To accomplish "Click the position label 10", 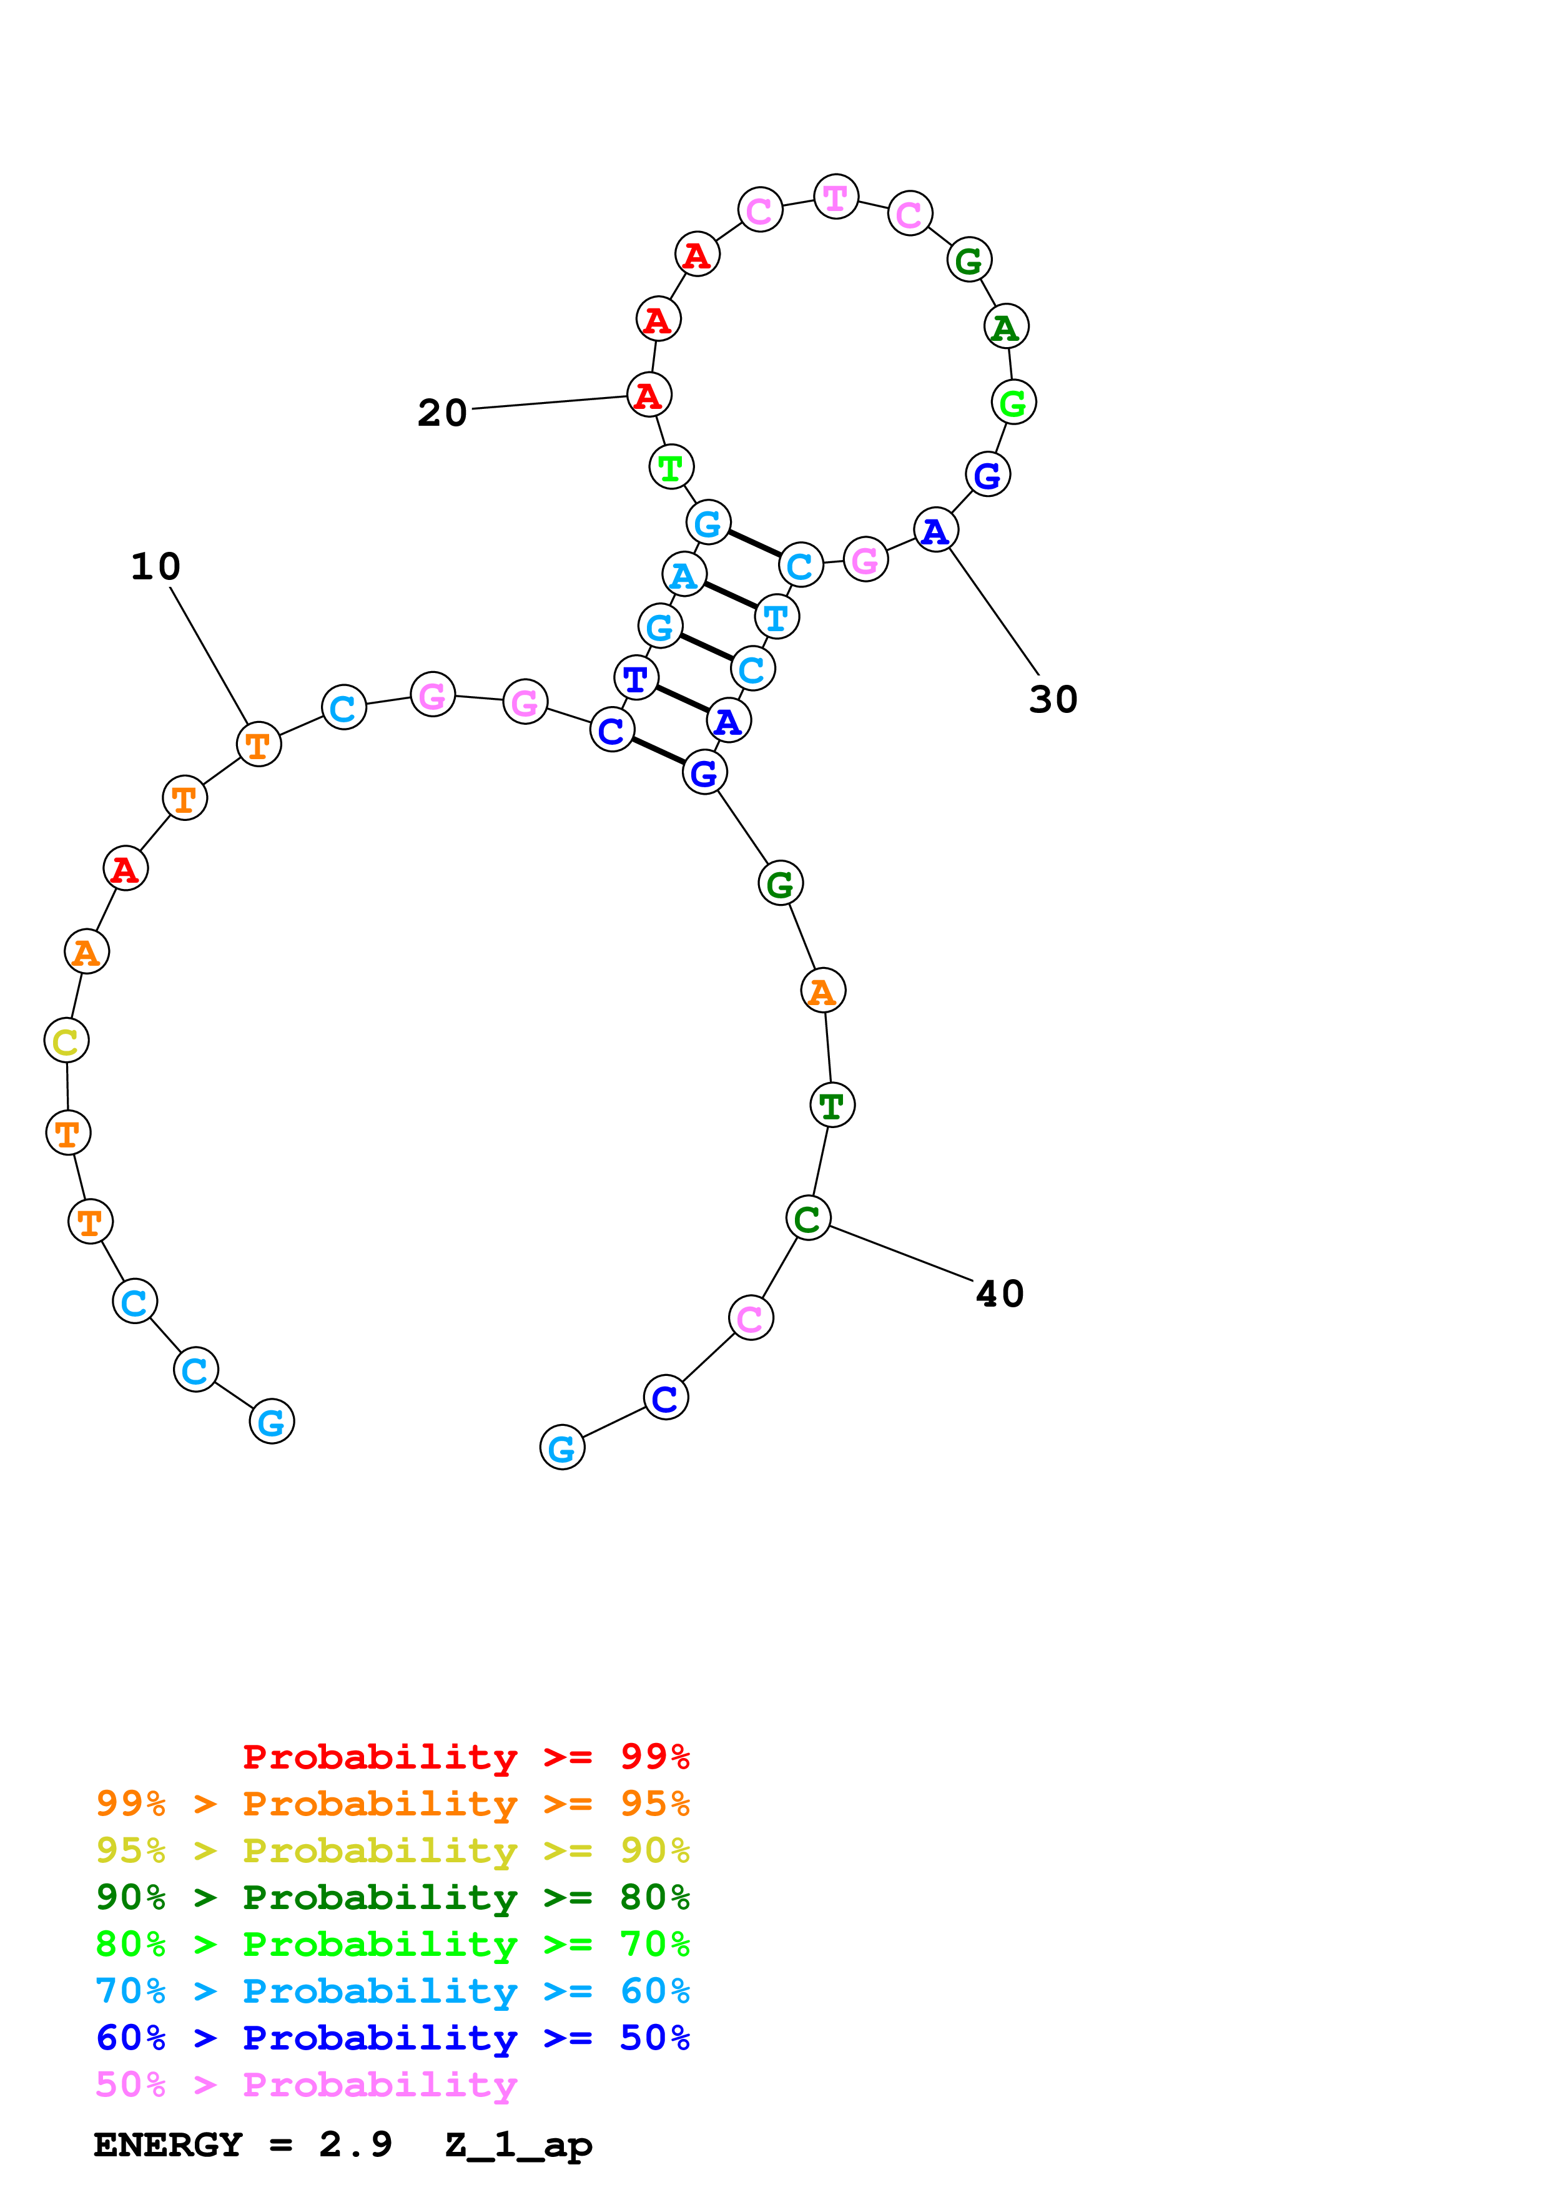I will pos(155,567).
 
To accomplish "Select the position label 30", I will pos(1053,699).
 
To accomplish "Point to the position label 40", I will pos(1000,1294).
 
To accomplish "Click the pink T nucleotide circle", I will pos(836,197).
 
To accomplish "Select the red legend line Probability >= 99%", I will pos(465,1757).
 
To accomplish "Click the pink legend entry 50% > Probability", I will pos(306,2085).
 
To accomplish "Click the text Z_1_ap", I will pos(519,2145).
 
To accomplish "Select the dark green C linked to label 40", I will pos(808,1218).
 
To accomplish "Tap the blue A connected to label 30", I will pos(935,530).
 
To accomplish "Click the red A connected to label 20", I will pos(649,395).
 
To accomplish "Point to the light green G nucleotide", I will pos(1013,403).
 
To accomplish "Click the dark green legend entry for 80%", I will pos(392,1897).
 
